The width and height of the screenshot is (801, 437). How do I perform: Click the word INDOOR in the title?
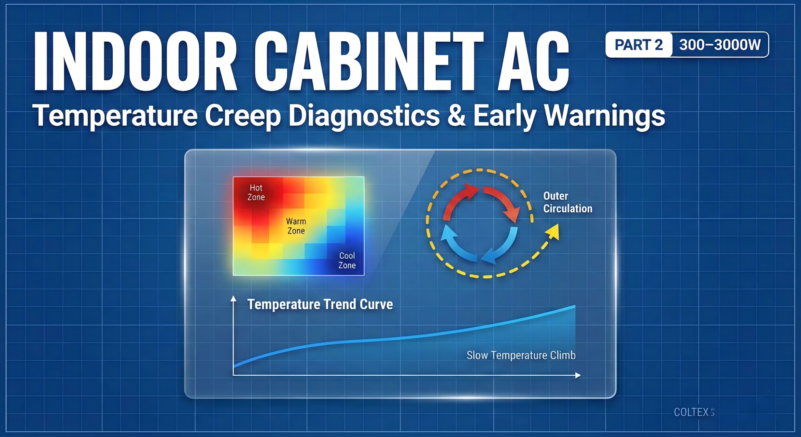click(x=135, y=61)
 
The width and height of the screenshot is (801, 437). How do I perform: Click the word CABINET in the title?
click(x=369, y=61)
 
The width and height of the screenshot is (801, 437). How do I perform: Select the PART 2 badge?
click(x=638, y=45)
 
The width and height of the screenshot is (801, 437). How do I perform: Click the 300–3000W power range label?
click(x=720, y=45)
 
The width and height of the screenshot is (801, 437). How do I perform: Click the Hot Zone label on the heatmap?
click(x=256, y=193)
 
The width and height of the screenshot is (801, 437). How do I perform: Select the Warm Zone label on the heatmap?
click(x=296, y=226)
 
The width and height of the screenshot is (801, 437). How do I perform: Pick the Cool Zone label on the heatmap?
click(x=347, y=260)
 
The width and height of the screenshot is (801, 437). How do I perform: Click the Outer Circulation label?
click(x=567, y=202)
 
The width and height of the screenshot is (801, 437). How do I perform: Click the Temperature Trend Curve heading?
click(x=320, y=304)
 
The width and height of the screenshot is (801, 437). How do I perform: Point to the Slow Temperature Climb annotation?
click(x=521, y=355)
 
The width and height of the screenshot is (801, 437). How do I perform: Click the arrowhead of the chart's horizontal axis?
click(x=578, y=376)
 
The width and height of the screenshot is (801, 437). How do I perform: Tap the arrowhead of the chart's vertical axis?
click(x=234, y=299)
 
